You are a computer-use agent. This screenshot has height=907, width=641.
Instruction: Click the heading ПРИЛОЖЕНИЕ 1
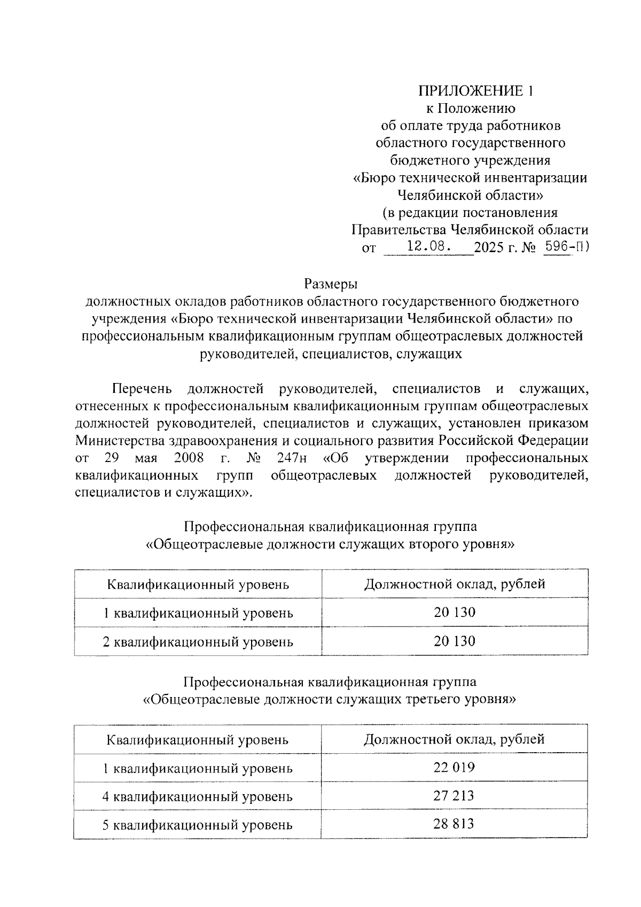point(475,91)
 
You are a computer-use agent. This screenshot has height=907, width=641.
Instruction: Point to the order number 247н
point(293,458)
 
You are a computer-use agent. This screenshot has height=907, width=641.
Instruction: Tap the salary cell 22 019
point(454,768)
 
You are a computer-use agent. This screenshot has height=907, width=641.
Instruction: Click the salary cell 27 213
point(454,796)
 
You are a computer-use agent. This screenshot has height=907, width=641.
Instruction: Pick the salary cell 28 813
point(454,824)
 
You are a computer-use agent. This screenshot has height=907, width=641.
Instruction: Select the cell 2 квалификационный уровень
point(198,641)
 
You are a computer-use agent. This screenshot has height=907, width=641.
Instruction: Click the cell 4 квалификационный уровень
point(198,796)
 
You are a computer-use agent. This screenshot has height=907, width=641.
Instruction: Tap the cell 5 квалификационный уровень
point(198,825)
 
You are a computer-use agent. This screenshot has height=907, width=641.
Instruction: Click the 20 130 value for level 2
point(454,640)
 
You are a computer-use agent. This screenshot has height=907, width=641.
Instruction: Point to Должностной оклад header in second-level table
point(454,584)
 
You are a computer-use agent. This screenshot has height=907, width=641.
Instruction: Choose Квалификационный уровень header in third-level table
point(198,740)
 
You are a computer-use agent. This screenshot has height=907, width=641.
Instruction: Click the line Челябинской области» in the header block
point(471,195)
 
